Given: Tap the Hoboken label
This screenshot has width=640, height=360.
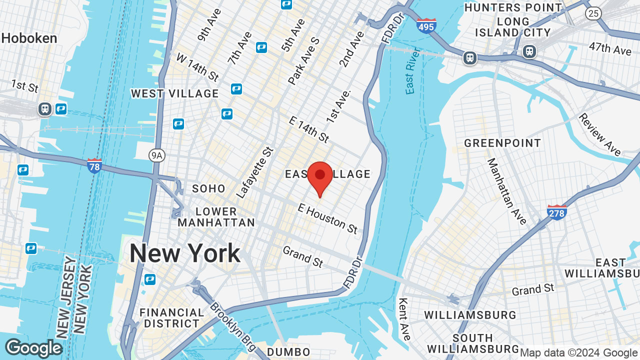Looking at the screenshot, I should [29, 38].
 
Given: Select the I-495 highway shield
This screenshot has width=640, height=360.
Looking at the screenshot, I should [426, 25].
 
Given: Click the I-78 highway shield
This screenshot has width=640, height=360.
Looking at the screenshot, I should [94, 165].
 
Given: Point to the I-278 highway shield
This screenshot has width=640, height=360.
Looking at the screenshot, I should [556, 212].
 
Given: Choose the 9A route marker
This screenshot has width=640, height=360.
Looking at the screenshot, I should [157, 156].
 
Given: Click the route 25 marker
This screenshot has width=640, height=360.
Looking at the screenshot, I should [593, 13].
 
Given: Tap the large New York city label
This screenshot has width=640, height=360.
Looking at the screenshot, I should [185, 253].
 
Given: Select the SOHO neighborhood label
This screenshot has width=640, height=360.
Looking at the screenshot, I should [209, 188].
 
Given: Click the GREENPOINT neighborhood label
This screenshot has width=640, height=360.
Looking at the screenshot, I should [502, 143].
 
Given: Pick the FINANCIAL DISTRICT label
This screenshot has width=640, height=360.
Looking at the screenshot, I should [172, 318].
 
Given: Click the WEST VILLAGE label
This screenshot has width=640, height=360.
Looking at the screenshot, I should [175, 93].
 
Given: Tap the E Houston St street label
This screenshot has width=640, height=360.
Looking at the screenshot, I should [327, 218].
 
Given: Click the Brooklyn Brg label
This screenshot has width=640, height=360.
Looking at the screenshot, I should [232, 325].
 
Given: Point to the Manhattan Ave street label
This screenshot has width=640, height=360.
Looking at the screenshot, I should [506, 191].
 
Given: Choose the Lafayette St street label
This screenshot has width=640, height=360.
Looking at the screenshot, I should [255, 172].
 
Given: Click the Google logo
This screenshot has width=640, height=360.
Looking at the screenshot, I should [33, 348].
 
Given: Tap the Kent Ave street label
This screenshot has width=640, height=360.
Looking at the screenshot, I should [404, 318].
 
